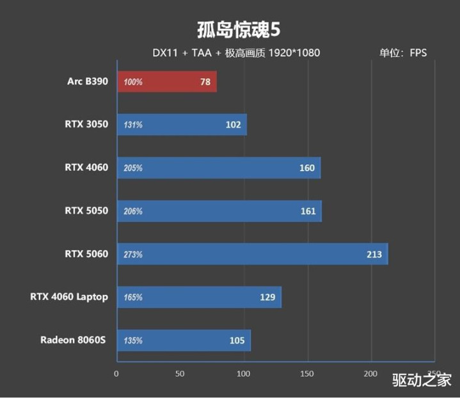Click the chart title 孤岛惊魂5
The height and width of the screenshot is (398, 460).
[239, 29]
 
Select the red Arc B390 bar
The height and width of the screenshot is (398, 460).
[166, 82]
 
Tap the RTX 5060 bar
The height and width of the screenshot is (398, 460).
[252, 254]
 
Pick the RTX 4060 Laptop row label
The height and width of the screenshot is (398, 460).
[69, 297]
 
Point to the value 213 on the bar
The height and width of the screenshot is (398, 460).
[374, 254]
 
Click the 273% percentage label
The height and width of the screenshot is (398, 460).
[134, 254]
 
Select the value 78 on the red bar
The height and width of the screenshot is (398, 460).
[205, 82]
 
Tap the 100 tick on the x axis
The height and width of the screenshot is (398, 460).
[244, 374]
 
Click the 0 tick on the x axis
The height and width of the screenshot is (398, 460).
[116, 374]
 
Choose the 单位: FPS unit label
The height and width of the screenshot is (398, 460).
[403, 53]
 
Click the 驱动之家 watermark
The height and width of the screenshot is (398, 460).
[422, 380]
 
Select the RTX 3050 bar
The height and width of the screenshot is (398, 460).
[181, 125]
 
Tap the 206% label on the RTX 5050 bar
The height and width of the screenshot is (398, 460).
[134, 211]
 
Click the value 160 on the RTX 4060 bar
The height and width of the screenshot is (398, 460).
[307, 168]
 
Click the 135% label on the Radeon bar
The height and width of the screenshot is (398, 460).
[134, 340]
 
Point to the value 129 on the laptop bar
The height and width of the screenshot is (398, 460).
[267, 297]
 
